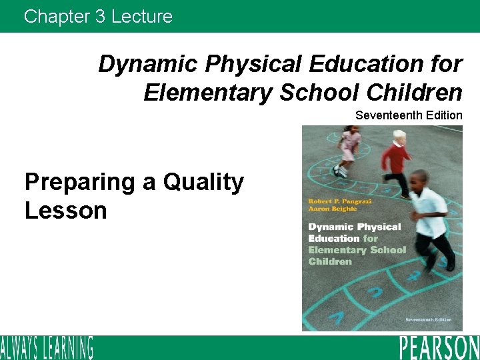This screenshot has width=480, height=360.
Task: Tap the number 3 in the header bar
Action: [100, 16]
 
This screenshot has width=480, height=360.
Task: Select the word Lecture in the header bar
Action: [141, 16]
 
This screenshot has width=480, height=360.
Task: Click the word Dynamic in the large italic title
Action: [148, 64]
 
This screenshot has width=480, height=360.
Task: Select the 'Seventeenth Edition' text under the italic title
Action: [409, 115]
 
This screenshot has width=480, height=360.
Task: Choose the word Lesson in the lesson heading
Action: [65, 211]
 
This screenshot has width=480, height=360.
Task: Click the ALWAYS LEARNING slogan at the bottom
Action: [47, 348]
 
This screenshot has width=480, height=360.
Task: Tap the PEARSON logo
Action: [439, 348]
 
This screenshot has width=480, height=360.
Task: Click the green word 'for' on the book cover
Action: [371, 238]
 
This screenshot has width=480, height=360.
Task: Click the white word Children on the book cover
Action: [330, 261]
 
